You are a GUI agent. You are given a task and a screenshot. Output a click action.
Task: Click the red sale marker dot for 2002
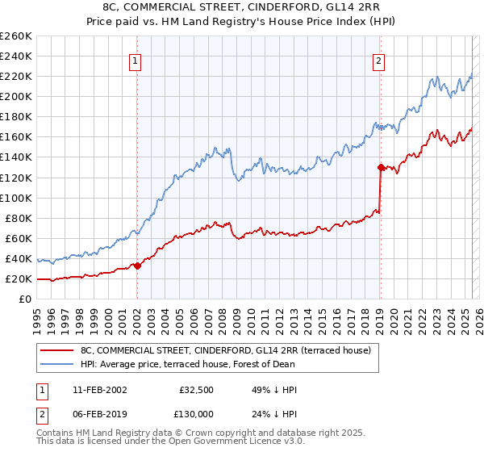tap(138, 266)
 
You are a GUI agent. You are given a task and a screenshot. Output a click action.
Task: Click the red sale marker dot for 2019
tap(380, 167)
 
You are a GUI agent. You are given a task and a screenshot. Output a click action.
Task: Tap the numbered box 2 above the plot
tap(378, 59)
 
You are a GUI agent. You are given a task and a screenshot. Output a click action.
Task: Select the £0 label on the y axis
tap(25, 299)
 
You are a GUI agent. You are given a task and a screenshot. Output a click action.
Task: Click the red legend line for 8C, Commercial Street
tap(56, 351)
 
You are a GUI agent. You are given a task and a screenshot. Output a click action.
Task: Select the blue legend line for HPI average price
tap(56, 364)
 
